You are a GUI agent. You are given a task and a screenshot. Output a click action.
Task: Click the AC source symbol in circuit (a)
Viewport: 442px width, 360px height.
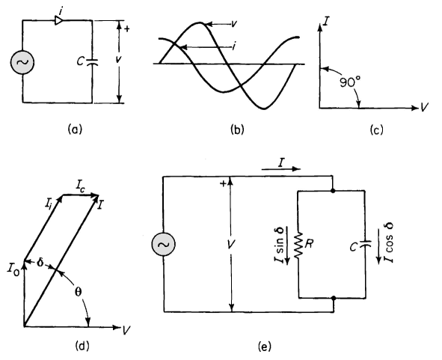[22, 62]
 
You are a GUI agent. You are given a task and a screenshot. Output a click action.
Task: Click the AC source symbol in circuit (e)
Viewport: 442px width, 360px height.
[163, 244]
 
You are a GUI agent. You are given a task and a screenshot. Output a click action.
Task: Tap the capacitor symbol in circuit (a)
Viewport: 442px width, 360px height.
[92, 62]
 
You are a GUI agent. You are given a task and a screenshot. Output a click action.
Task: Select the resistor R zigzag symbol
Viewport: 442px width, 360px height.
[298, 244]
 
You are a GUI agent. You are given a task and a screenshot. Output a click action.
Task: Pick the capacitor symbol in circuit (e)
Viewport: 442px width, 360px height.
[365, 244]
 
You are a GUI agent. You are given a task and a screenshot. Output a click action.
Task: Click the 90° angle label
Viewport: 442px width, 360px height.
[349, 82]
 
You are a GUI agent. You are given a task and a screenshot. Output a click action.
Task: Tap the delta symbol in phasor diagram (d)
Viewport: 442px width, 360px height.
[40, 263]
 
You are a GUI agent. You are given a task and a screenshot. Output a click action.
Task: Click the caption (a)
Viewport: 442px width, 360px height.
[75, 129]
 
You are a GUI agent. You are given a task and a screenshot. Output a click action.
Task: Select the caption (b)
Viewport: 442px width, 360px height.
[237, 129]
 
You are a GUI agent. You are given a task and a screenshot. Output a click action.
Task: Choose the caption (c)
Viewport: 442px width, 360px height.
[376, 129]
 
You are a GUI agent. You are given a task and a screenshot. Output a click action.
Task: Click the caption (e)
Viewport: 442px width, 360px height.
[265, 346]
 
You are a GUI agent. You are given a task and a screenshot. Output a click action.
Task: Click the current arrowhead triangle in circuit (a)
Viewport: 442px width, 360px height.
[58, 20]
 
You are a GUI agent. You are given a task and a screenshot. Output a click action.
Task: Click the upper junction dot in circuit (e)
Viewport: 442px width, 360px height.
[334, 191]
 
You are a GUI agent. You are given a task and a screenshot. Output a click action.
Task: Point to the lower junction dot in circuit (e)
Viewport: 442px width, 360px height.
[334, 298]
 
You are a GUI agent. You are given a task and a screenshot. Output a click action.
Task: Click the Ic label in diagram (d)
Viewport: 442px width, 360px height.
[80, 186]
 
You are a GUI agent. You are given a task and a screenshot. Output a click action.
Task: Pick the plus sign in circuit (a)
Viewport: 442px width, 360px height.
[127, 28]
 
